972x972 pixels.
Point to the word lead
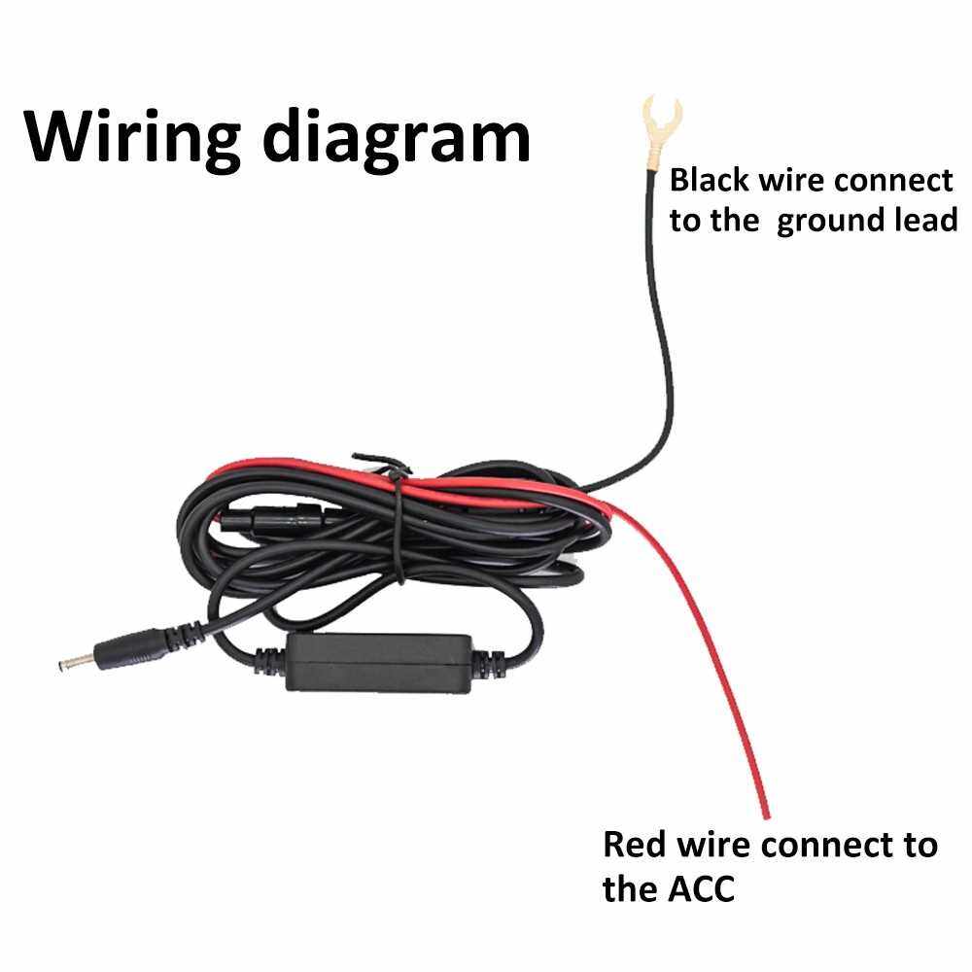tap(924, 220)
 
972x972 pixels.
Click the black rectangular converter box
tap(379, 663)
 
